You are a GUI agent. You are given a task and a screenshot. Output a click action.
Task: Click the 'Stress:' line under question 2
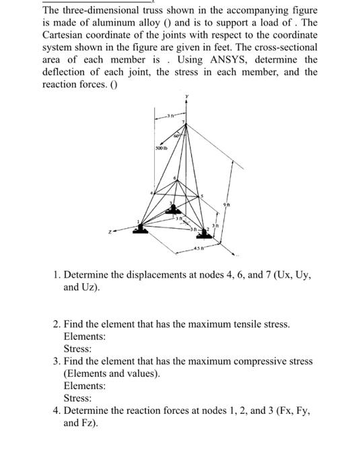(x=77, y=349)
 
